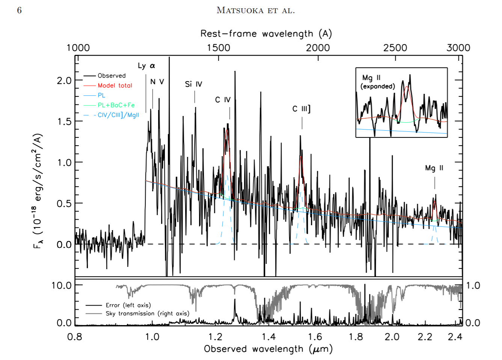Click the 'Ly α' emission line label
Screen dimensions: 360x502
click(x=146, y=66)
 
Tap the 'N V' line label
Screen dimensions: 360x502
click(x=157, y=82)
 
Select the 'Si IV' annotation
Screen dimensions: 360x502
click(x=193, y=84)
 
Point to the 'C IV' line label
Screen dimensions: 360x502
click(x=223, y=100)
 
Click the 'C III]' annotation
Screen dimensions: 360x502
click(x=301, y=109)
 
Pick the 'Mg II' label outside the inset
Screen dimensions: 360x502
click(x=434, y=168)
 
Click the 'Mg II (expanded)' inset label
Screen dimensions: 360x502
click(x=377, y=82)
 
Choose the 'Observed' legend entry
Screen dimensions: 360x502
click(x=112, y=76)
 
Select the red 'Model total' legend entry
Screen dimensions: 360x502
click(x=115, y=86)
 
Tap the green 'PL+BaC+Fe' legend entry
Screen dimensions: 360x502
click(x=116, y=105)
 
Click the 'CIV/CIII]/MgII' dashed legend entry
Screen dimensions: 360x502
click(x=118, y=115)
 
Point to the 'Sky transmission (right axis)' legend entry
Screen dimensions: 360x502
click(x=147, y=313)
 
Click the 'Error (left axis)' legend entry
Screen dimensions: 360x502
click(x=128, y=305)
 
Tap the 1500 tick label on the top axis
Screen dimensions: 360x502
click(x=219, y=48)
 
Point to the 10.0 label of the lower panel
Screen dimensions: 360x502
click(x=62, y=285)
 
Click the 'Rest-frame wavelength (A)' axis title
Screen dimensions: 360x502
click(x=266, y=34)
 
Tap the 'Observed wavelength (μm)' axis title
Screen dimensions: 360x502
click(x=268, y=349)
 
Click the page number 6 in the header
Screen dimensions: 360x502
click(x=20, y=10)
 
